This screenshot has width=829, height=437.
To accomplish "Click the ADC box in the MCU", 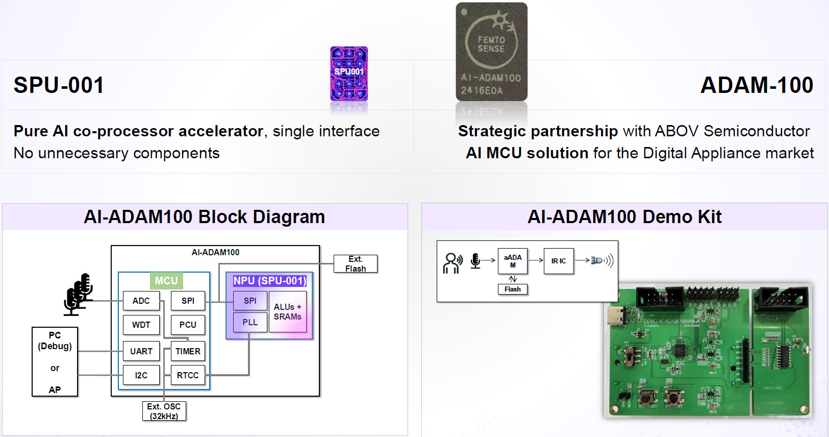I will tap(141, 301).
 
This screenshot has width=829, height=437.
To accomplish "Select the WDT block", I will tap(141, 325).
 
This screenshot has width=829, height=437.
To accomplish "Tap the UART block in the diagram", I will tap(141, 351).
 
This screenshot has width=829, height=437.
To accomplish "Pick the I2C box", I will tap(141, 375).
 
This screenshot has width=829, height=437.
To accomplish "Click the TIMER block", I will tap(188, 351).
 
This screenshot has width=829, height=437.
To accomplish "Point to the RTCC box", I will tap(188, 375).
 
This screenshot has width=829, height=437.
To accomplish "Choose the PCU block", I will tap(188, 325).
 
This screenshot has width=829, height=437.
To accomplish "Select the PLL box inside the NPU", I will tap(250, 323).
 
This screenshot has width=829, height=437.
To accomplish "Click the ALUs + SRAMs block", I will tap(288, 311).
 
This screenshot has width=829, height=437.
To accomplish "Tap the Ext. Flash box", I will tap(356, 264).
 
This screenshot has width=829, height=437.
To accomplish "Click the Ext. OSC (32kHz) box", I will tap(164, 411).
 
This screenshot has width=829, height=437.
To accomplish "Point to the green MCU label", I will tap(166, 281).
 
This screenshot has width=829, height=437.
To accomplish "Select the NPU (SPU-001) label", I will tap(269, 281).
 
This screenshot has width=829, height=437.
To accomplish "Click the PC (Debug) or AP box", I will tap(55, 362).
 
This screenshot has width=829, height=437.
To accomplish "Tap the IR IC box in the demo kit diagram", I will tap(559, 261).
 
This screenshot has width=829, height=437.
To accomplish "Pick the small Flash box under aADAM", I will tap(513, 289).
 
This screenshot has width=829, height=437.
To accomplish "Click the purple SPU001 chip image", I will tap(349, 74).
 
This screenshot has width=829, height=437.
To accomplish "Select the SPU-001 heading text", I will tap(59, 85).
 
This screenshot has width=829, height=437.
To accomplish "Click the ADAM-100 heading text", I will tap(757, 85).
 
